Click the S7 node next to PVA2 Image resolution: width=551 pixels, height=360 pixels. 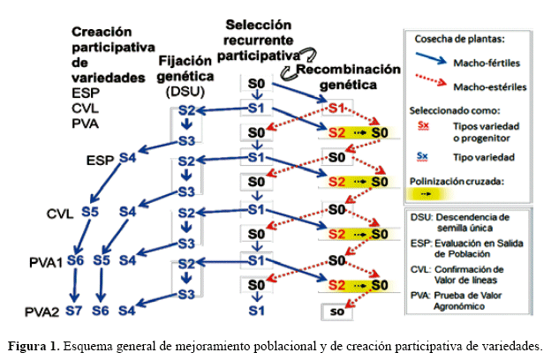click(75, 310)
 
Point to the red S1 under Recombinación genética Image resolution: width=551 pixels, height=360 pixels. click(336, 109)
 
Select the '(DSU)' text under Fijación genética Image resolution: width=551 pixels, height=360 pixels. click(185, 92)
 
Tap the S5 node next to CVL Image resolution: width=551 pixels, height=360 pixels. click(89, 212)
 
